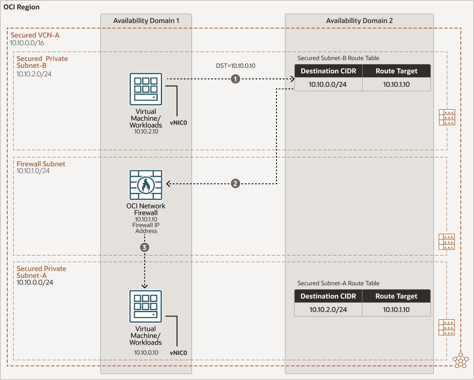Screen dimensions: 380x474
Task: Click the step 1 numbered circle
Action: pos(234,79)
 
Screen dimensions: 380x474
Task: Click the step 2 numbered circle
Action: pos(235,183)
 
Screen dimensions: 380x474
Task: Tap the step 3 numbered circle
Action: pos(145,247)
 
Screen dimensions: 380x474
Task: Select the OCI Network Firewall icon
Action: pos(145,185)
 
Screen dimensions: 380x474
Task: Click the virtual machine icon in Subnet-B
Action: pos(145,89)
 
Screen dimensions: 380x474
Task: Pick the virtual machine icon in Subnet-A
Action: pos(145,306)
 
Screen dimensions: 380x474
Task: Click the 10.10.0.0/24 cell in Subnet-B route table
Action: pos(328,84)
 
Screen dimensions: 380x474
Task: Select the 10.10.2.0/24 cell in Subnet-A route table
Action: pos(328,310)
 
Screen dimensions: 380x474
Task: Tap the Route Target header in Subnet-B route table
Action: pos(396,71)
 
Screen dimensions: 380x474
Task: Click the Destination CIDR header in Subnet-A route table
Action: pos(328,296)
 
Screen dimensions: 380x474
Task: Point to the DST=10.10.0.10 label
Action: pos(236,66)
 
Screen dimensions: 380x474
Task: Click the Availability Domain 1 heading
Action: pos(146,21)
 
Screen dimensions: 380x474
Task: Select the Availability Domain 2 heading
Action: pos(359,21)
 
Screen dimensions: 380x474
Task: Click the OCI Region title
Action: pos(22,8)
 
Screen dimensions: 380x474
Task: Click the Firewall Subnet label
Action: pos(41,164)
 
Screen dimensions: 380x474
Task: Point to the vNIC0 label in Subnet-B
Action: pos(179,122)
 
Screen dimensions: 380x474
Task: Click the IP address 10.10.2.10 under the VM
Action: pos(146,132)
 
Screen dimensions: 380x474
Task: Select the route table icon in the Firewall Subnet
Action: pos(447,242)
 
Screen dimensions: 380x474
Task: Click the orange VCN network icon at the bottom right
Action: pos(461,360)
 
